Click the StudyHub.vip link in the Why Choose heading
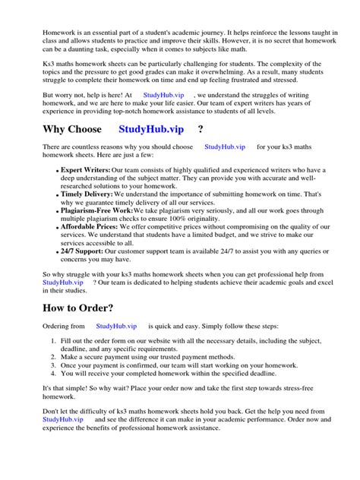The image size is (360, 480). (x=153, y=129)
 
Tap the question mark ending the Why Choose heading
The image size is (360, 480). (x=200, y=129)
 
